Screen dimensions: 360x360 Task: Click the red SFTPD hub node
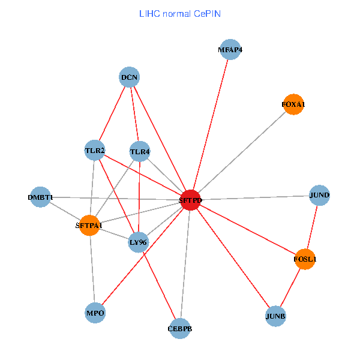[190, 200]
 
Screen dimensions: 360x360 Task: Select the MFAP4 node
[230, 50]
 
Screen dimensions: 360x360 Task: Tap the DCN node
[130, 77]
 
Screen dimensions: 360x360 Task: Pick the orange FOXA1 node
[293, 105]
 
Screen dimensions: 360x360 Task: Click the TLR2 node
[95, 150]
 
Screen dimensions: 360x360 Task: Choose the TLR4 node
[139, 152]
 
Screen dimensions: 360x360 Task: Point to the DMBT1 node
[40, 197]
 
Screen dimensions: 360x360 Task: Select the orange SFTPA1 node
[89, 226]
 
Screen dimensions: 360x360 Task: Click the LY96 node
[138, 242]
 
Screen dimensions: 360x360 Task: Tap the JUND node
[319, 195]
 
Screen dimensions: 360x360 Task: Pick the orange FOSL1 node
[305, 259]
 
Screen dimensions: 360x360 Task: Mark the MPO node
[95, 313]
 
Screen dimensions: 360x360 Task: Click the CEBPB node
[180, 328]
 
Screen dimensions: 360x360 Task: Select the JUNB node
[275, 316]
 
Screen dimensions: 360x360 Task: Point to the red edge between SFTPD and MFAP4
[210, 125]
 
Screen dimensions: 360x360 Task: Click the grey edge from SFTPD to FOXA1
[241, 152]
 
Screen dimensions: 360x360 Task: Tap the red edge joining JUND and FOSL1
[312, 227]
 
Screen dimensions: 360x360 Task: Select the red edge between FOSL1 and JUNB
[290, 287]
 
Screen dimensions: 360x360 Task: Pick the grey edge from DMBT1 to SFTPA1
[65, 211]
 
